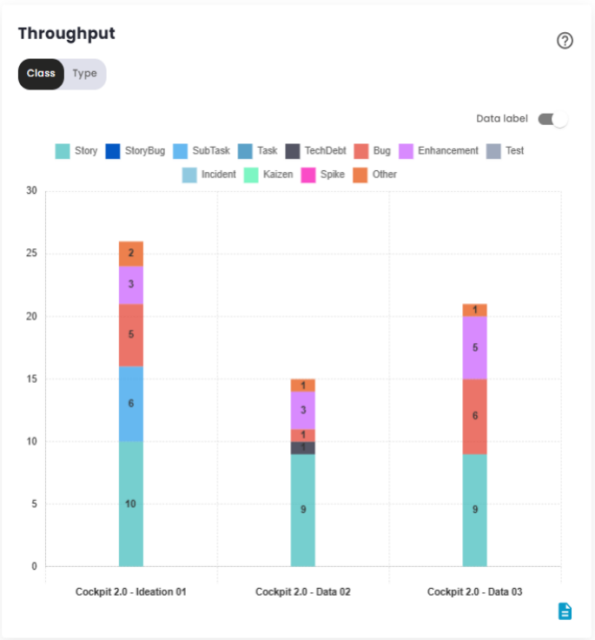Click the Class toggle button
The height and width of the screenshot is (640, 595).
tap(41, 74)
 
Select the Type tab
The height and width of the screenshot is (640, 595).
tap(84, 74)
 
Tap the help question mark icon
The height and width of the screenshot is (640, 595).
tap(565, 41)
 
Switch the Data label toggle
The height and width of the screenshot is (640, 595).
tap(552, 119)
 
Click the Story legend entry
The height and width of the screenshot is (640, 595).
tap(76, 151)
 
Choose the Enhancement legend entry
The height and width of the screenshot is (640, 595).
tap(439, 151)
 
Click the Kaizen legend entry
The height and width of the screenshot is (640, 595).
tap(268, 175)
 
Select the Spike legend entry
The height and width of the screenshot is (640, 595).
tap(323, 175)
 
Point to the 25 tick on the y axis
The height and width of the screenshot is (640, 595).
tap(32, 254)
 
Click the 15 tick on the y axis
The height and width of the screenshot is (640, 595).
tap(32, 379)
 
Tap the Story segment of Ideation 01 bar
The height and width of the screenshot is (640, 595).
tap(131, 504)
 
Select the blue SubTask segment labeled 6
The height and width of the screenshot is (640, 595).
tap(131, 404)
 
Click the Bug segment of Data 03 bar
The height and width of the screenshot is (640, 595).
tap(475, 416)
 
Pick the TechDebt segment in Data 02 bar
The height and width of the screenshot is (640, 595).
tap(303, 448)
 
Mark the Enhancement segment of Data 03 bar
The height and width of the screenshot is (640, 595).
tap(475, 347)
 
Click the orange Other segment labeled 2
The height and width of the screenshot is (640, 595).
tap(131, 254)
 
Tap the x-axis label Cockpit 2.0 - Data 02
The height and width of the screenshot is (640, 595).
tap(303, 591)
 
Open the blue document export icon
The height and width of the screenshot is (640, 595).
tap(565, 611)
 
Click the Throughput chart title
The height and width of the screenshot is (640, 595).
tap(67, 34)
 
